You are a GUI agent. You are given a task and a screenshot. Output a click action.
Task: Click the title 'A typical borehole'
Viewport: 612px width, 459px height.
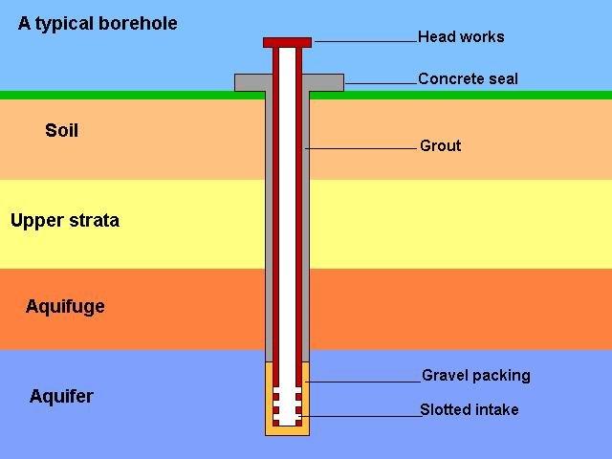[x=98, y=24]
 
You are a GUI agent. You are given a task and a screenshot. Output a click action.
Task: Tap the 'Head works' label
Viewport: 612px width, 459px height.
[x=461, y=37]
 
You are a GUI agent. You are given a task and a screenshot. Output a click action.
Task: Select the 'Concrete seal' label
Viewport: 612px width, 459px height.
[x=468, y=78]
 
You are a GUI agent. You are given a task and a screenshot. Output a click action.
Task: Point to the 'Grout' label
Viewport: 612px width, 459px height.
[x=440, y=145]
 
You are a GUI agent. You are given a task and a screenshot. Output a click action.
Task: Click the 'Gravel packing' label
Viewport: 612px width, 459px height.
[x=475, y=375]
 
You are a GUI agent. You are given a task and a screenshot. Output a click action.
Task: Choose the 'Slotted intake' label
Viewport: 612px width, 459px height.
[x=470, y=409]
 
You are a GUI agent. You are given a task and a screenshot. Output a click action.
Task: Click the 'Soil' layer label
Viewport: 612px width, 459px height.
[x=61, y=131]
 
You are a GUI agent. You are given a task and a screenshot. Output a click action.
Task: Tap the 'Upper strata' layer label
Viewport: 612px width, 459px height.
[x=65, y=221]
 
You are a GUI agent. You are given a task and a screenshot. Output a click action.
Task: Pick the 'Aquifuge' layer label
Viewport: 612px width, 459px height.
[x=65, y=307]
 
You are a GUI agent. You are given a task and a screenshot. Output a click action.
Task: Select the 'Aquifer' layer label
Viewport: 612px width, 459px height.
[x=61, y=396]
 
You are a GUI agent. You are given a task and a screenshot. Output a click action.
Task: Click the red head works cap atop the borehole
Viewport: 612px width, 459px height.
[x=287, y=42]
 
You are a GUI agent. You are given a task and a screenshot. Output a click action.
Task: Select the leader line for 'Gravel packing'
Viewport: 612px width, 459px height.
[x=363, y=382]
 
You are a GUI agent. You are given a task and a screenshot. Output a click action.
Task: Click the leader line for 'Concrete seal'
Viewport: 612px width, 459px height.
[x=381, y=84]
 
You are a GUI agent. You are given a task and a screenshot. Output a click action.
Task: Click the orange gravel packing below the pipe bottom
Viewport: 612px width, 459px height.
[x=287, y=430]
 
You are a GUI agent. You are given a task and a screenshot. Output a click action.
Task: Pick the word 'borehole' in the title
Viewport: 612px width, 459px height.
[x=139, y=24]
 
